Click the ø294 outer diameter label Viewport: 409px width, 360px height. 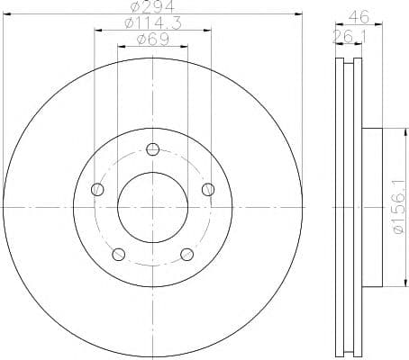point(152,8)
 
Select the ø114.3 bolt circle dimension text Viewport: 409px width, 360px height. point(152,23)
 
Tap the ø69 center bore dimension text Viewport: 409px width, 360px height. point(152,39)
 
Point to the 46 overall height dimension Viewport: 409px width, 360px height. point(359,16)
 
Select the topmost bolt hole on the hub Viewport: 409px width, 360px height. point(152,149)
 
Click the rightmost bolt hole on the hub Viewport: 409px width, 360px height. point(208,189)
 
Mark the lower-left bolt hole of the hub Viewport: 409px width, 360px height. point(118,254)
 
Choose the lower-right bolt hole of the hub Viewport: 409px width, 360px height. point(186,254)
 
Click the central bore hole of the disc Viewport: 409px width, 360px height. point(152,206)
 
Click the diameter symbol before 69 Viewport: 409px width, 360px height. point(141,39)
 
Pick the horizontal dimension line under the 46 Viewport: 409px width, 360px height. point(359,26)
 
